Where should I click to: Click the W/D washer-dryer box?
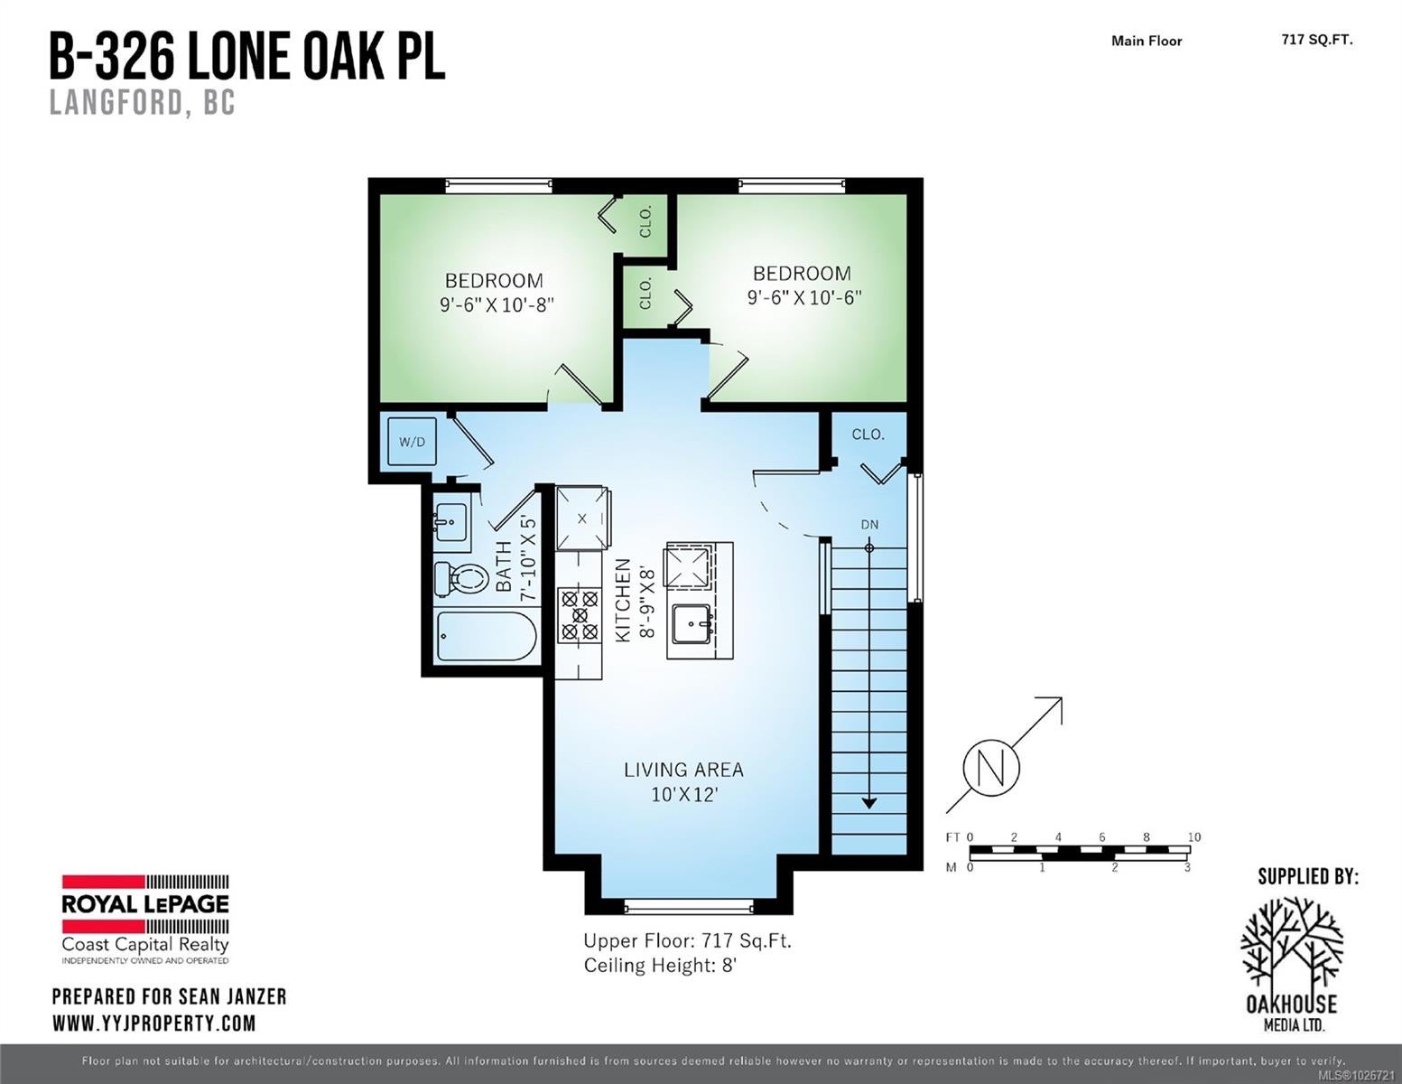(412, 442)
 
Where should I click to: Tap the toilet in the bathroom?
(460, 578)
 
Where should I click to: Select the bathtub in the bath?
(487, 636)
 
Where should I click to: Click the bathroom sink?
(451, 522)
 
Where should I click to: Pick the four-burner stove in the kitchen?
(580, 614)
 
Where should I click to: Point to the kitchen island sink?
(692, 624)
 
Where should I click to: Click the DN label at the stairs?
(869, 525)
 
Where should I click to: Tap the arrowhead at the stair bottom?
(869, 804)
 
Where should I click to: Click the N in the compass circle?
(991, 769)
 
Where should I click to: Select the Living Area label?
(683, 770)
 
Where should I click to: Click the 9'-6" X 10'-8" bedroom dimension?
(497, 304)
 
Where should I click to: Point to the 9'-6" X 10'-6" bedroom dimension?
(803, 297)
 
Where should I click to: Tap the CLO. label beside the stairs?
(868, 435)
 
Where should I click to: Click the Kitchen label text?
(623, 601)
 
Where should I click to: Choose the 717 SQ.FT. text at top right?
(1317, 40)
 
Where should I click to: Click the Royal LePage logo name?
(145, 904)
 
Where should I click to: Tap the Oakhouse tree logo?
(1292, 942)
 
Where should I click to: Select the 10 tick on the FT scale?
(1194, 836)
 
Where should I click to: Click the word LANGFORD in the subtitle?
(115, 103)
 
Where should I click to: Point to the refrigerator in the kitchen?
(582, 519)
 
